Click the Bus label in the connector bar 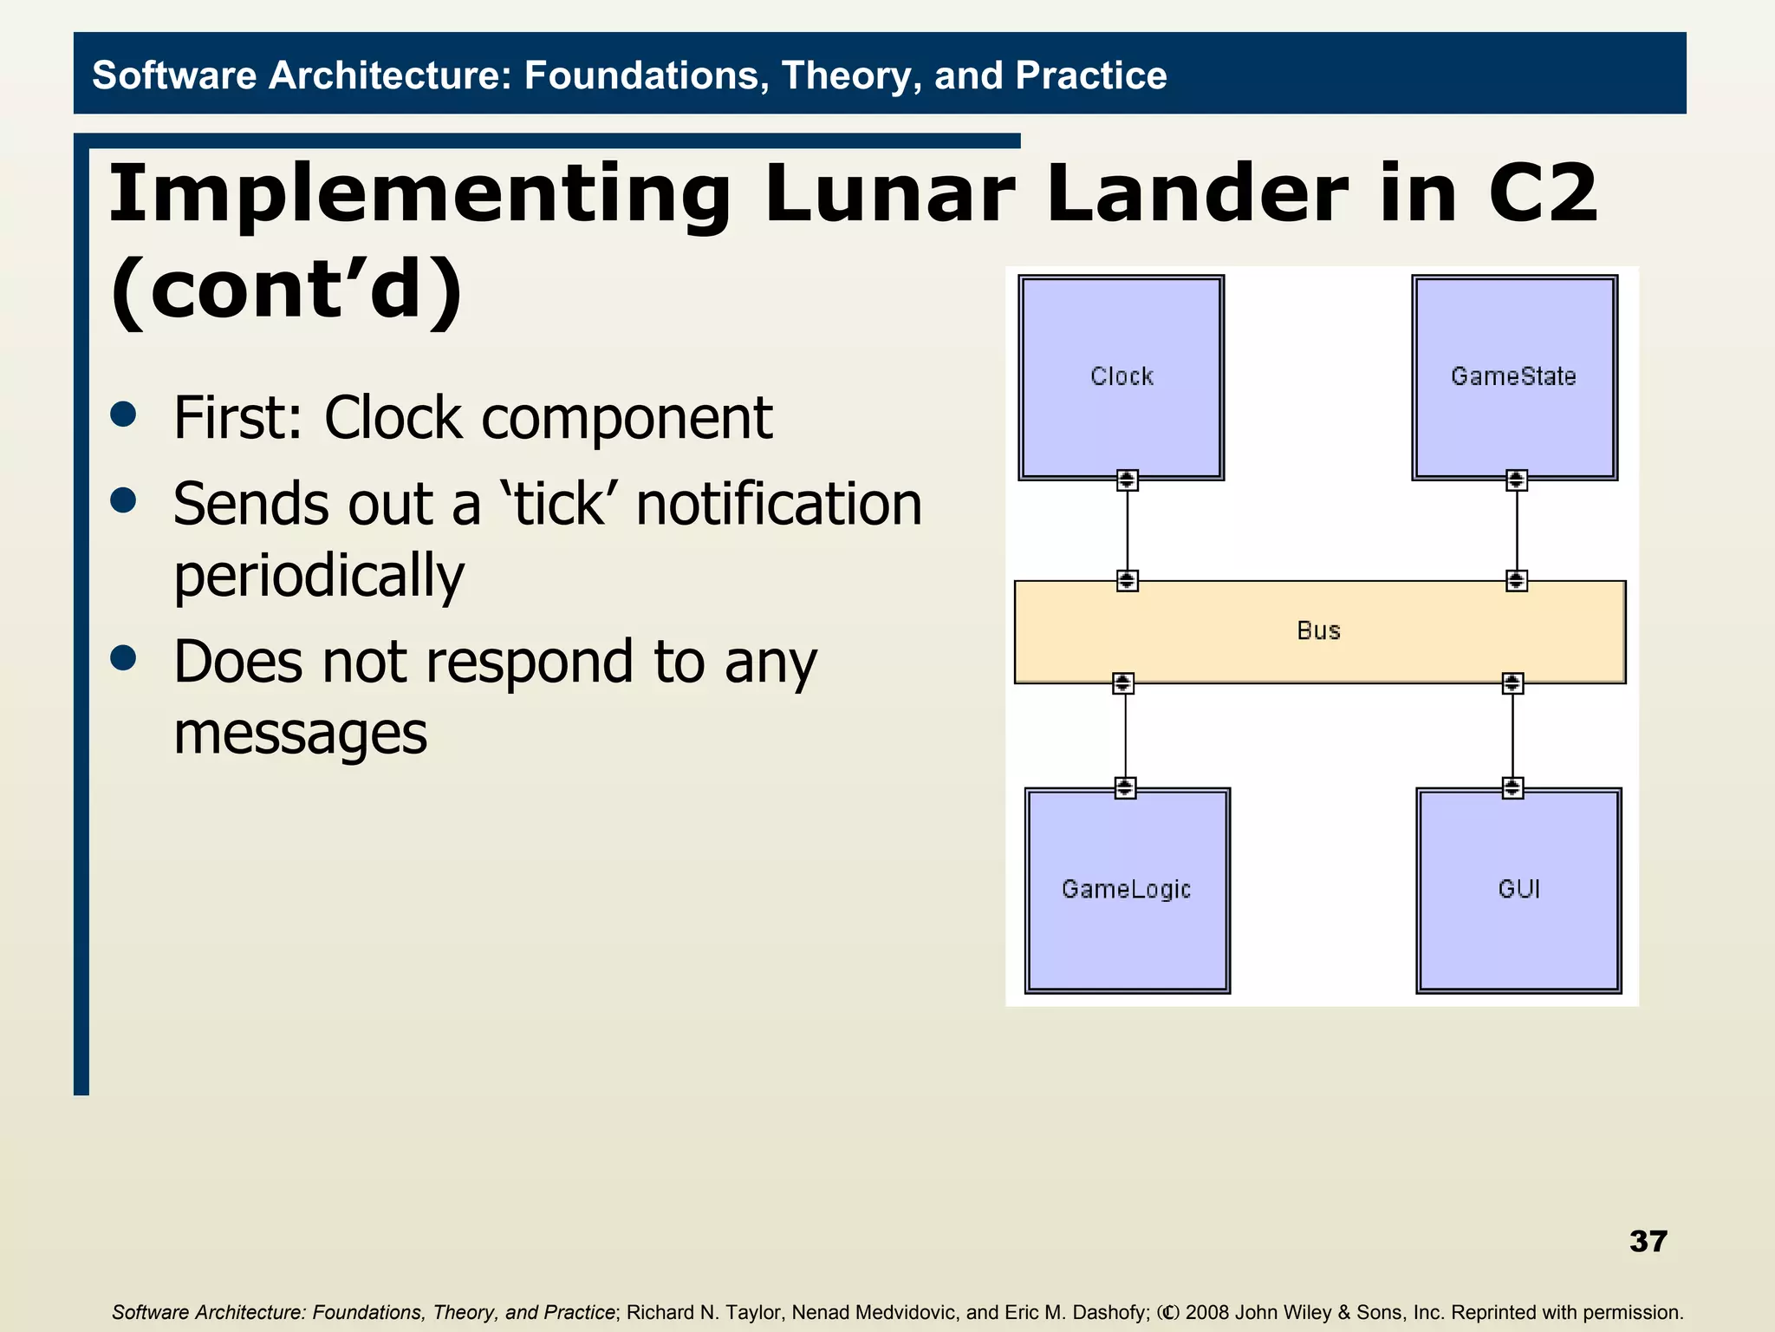(x=1318, y=630)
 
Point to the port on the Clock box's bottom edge (x=1127, y=480)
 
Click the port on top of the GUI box (x=1512, y=787)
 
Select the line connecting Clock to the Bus (x=1127, y=530)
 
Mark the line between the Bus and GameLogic (x=1125, y=735)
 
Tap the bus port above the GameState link (x=1516, y=580)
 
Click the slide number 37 (x=1648, y=1241)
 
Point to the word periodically (x=319, y=575)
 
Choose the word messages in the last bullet (x=300, y=734)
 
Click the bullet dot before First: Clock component (x=124, y=415)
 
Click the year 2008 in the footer (x=1207, y=1312)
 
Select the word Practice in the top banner (x=1090, y=75)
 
